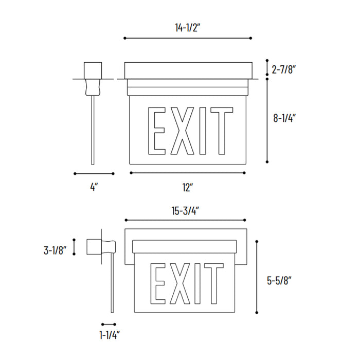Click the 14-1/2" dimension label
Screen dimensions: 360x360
(x=187, y=28)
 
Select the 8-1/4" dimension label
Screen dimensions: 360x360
(x=285, y=118)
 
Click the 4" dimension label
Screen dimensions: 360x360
(x=94, y=188)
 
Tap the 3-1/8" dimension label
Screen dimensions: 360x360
(x=56, y=250)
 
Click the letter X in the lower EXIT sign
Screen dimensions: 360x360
(x=183, y=283)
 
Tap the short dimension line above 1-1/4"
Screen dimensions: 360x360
(x=109, y=324)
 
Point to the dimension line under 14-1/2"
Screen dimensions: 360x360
(x=188, y=38)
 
